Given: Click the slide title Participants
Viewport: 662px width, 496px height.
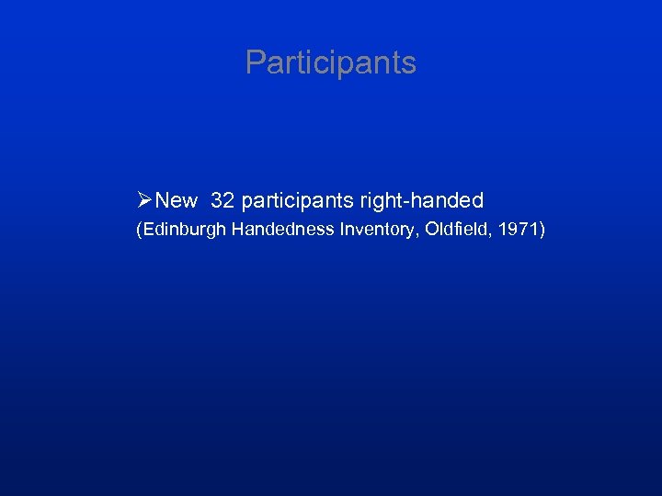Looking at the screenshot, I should tap(331, 63).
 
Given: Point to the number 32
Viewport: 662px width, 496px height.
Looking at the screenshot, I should tap(223, 200).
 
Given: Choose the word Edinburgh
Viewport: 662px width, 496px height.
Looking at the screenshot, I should tap(184, 231).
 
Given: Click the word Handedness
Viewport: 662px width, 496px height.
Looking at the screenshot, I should tap(280, 230).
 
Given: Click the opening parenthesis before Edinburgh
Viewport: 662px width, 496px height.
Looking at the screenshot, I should tap(139, 231).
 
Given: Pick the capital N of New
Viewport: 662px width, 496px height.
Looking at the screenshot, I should tap(162, 200).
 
